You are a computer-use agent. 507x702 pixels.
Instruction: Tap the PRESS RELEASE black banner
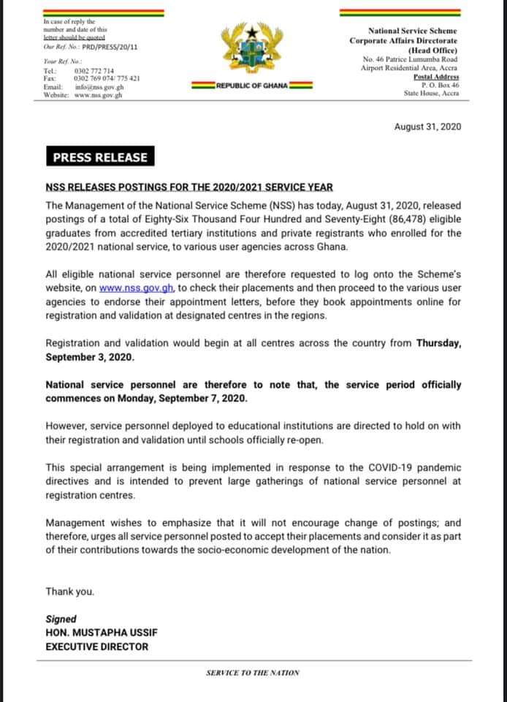pyautogui.click(x=99, y=157)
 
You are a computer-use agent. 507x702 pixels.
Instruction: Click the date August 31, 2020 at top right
pyautogui.click(x=427, y=127)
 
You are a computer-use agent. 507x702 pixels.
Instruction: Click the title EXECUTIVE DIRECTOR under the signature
pyautogui.click(x=96, y=646)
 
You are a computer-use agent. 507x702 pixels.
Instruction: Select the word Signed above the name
pyautogui.click(x=61, y=619)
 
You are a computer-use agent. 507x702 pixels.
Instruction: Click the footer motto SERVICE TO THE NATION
pyautogui.click(x=253, y=673)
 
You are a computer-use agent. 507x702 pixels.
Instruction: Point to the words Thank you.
pyautogui.click(x=69, y=592)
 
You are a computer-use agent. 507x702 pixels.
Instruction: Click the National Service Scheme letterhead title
pyautogui.click(x=413, y=31)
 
